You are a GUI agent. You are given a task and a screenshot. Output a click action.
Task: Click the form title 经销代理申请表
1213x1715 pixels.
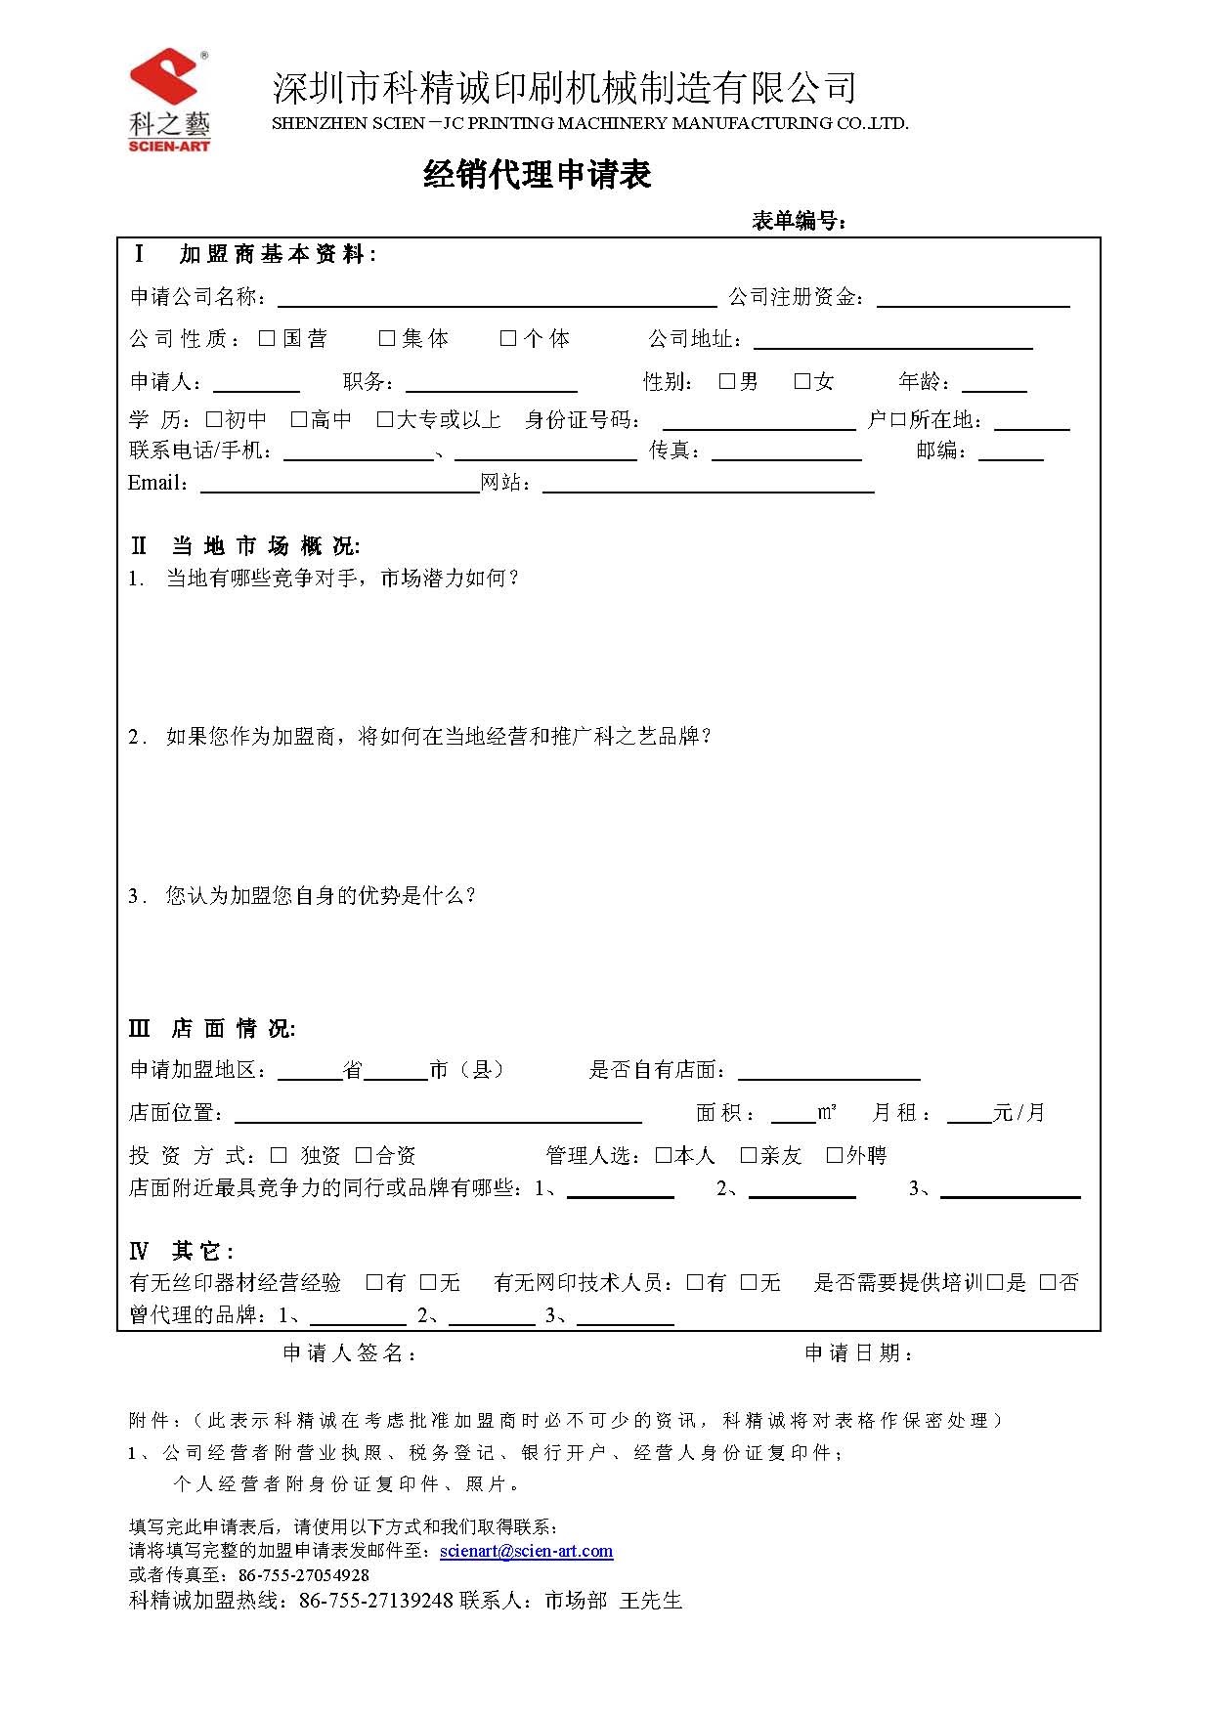click(x=537, y=175)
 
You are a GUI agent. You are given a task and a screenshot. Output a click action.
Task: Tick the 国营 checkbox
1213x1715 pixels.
click(x=267, y=338)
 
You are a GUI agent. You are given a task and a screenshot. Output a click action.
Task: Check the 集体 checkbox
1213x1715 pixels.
click(x=387, y=338)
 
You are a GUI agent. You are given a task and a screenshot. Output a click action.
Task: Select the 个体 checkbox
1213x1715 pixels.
click(x=508, y=338)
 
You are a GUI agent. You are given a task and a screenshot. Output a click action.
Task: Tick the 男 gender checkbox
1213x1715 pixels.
click(x=727, y=381)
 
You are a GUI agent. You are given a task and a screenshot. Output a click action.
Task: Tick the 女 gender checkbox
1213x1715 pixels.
click(x=802, y=381)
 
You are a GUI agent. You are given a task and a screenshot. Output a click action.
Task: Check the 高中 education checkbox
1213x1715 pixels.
click(x=299, y=419)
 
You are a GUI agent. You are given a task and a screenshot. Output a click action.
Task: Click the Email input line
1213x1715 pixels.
click(x=339, y=487)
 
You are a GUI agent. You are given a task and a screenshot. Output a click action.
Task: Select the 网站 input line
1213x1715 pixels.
click(x=708, y=487)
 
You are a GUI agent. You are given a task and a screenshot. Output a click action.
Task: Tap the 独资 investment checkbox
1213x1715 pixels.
click(x=279, y=1155)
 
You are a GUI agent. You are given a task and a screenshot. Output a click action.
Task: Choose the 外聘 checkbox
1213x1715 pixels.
click(x=835, y=1155)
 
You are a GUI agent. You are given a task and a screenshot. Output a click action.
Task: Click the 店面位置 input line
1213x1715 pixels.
click(x=438, y=1116)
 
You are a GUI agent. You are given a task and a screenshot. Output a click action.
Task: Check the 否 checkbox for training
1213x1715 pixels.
click(x=1048, y=1282)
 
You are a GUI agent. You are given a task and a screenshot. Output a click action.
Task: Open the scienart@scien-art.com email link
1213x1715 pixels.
click(x=526, y=1551)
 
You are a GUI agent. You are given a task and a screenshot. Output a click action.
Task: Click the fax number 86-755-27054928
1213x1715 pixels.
click(x=304, y=1575)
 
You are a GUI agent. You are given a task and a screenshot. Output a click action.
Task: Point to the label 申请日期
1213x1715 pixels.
click(x=858, y=1352)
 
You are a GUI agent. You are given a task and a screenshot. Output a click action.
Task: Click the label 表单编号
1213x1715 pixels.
click(x=798, y=221)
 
